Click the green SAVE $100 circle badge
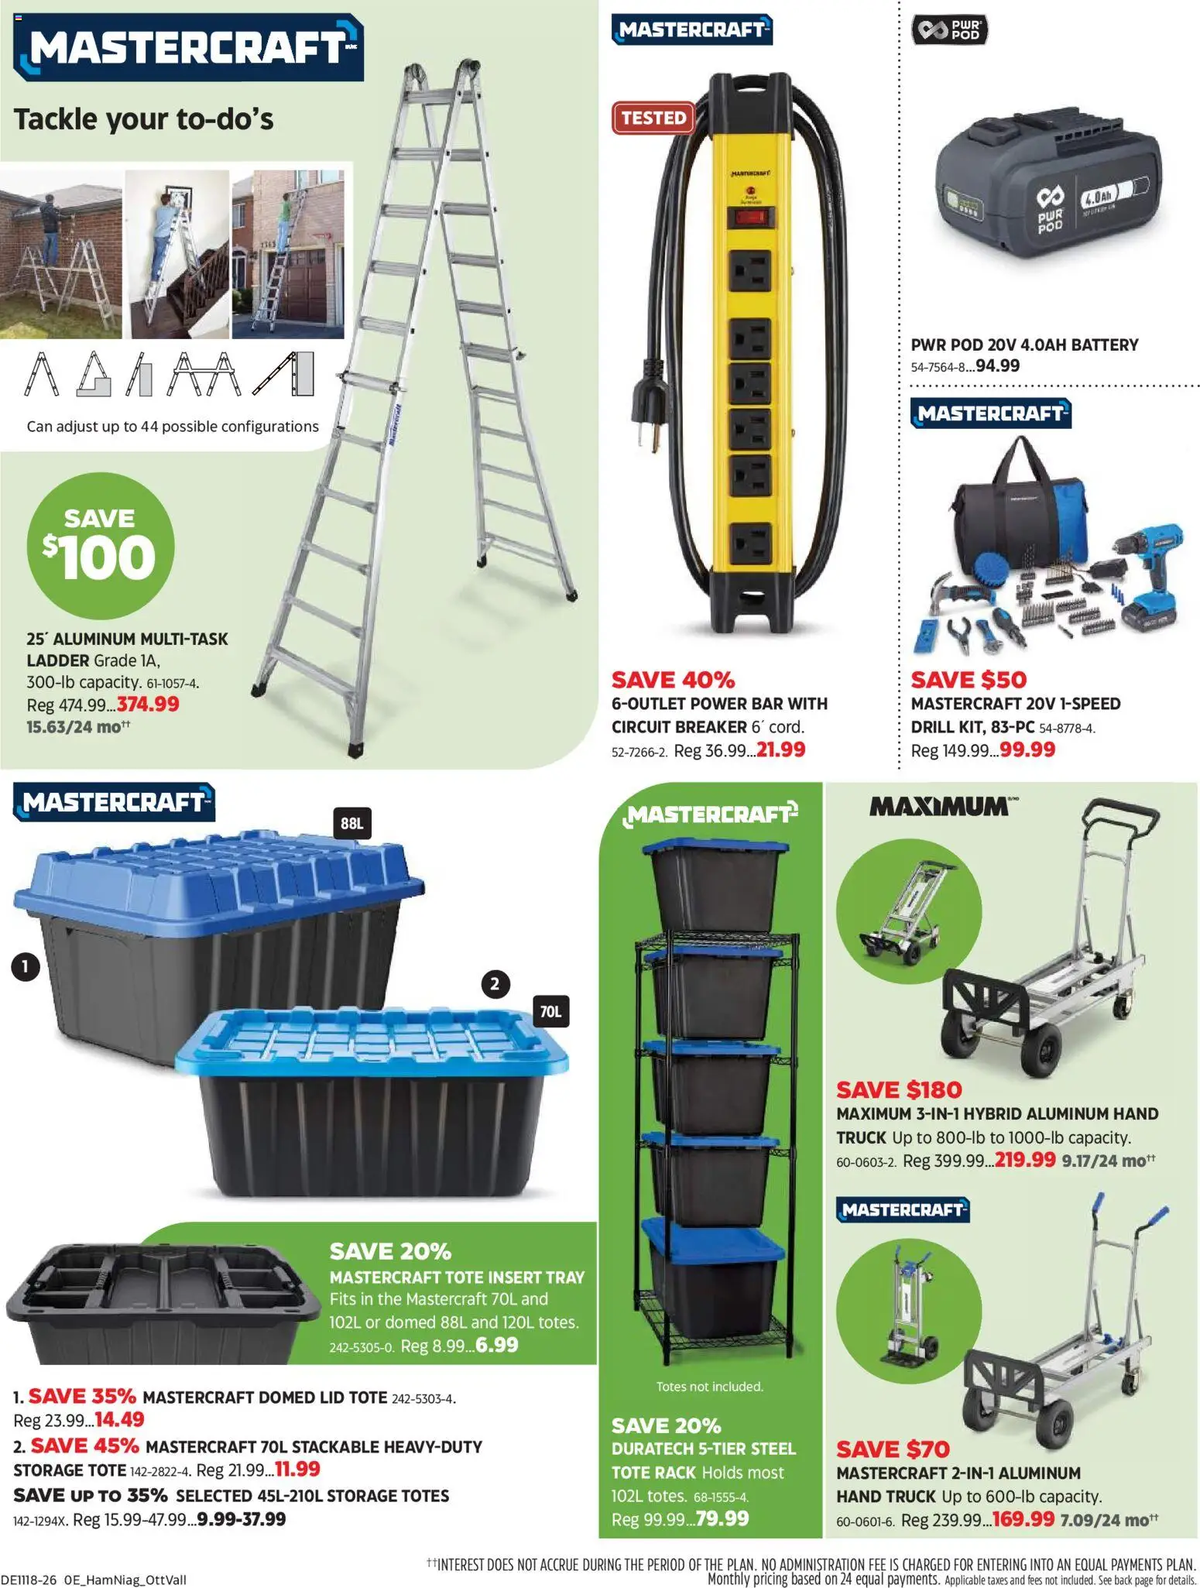[101, 546]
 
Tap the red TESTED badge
[653, 118]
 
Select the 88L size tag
[351, 823]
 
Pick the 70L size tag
[550, 1011]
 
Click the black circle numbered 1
[26, 966]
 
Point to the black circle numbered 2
[495, 984]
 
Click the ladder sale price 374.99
[148, 704]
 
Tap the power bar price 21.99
[780, 749]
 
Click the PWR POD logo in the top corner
[950, 31]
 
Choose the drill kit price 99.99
[1027, 749]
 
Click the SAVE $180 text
[899, 1089]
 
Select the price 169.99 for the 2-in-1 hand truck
[1023, 1518]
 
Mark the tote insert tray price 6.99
[496, 1345]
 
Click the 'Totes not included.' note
[709, 1386]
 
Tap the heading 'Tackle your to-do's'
[144, 119]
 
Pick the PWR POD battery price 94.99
[997, 365]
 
